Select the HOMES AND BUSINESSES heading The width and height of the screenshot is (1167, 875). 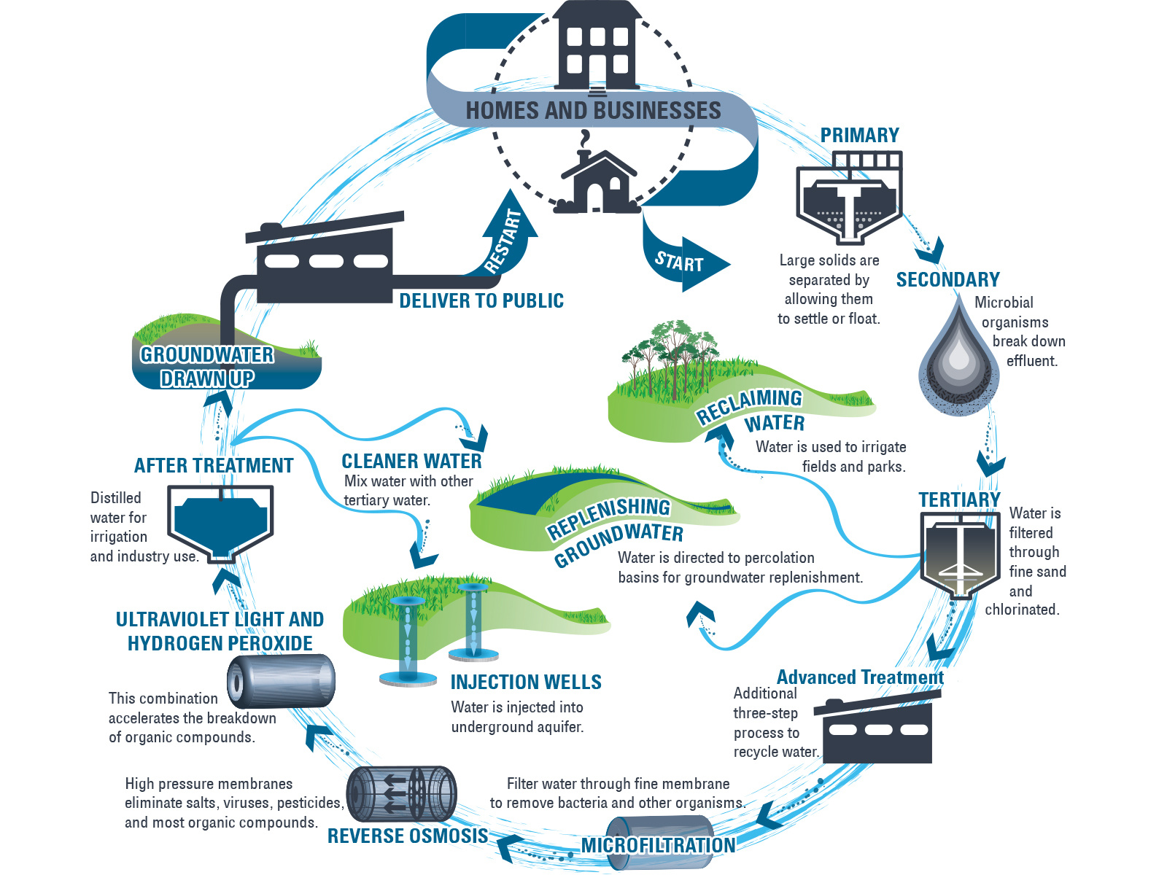click(x=593, y=111)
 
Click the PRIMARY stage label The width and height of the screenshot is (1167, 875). click(x=859, y=136)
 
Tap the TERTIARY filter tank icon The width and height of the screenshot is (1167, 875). click(x=958, y=554)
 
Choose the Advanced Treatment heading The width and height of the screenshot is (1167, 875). click(x=860, y=677)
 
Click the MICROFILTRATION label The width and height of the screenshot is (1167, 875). click(x=658, y=845)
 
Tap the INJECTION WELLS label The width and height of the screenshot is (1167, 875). click(x=526, y=682)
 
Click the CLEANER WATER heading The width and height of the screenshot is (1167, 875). click(x=411, y=462)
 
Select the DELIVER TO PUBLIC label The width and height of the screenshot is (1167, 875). click(x=481, y=301)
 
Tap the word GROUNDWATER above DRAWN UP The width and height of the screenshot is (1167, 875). click(x=207, y=355)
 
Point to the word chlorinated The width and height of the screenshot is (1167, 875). click(x=1022, y=610)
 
